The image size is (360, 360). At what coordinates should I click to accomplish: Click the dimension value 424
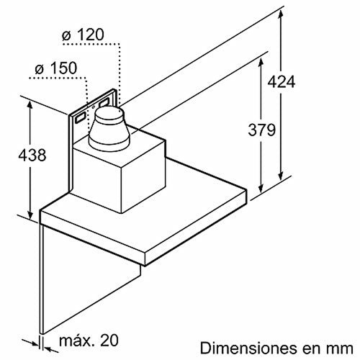(x=282, y=82)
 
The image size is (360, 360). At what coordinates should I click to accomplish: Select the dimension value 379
(x=261, y=130)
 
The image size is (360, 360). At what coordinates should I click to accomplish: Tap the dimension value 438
(x=32, y=155)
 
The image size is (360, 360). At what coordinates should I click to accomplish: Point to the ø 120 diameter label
(x=83, y=35)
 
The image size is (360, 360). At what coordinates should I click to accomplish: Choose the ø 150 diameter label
(x=56, y=68)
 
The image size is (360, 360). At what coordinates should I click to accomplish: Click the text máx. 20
(x=89, y=340)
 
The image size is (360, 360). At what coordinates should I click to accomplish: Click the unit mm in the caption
(x=343, y=349)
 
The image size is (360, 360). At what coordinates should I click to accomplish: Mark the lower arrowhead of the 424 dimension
(x=282, y=177)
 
